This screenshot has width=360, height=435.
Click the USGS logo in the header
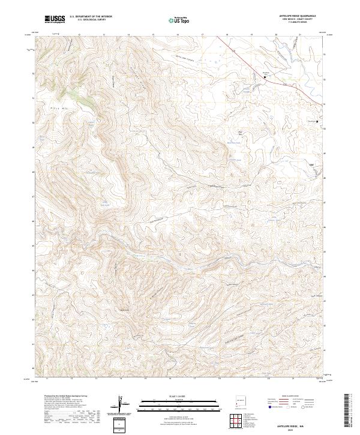click(x=55, y=19)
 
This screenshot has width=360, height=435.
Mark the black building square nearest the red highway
click(x=265, y=76)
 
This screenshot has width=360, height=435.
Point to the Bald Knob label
click(x=125, y=310)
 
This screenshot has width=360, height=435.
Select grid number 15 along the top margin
click(x=153, y=34)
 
